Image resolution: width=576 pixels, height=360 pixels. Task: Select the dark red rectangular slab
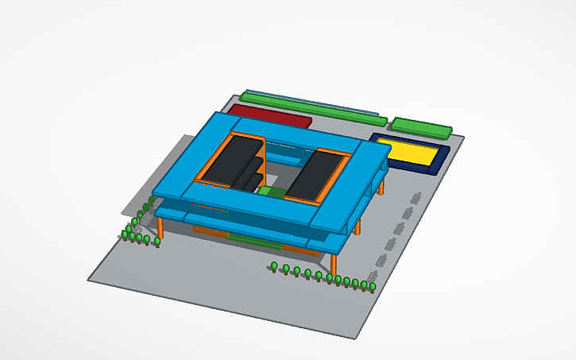(x=269, y=116)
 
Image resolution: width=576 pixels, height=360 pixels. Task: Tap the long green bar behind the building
(x=313, y=108)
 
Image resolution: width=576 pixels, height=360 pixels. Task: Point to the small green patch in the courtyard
(x=274, y=192)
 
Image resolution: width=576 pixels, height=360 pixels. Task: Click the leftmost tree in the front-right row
(x=274, y=267)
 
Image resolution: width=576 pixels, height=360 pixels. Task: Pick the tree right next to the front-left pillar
(x=157, y=241)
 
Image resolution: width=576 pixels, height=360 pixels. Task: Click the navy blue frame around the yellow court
(x=437, y=164)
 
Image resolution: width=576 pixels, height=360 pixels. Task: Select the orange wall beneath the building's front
(x=209, y=230)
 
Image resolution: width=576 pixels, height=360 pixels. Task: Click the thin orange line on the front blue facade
(x=211, y=209)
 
